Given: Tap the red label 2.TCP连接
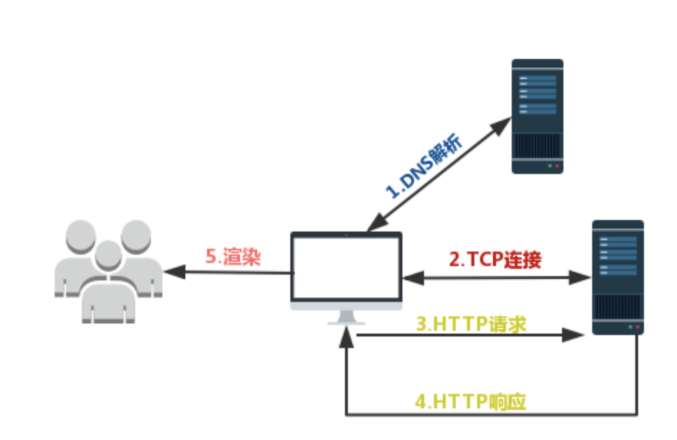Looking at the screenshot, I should point(495,260).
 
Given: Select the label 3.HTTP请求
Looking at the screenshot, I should point(471,324).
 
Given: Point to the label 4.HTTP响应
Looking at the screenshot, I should point(471,401).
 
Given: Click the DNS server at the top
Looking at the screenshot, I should point(537,116).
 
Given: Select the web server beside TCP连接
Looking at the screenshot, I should point(617,277).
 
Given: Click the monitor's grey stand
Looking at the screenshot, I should point(346,317).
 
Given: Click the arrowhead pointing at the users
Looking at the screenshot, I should point(171,272).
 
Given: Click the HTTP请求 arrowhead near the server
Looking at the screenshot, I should point(574,334).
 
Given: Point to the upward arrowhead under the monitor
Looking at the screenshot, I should point(346,334).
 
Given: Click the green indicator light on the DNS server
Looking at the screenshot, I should point(551,166).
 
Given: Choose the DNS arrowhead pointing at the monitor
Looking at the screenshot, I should point(372,226).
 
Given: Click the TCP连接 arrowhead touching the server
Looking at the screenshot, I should point(583,276).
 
